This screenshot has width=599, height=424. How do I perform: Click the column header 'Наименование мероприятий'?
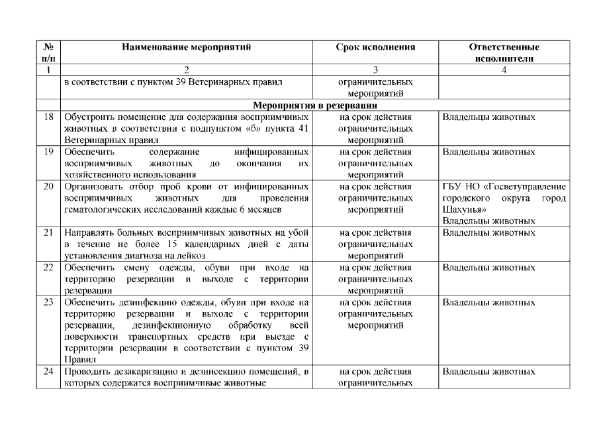point(187,48)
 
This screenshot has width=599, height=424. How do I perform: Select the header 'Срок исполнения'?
point(375,48)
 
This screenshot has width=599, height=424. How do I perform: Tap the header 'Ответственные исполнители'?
point(504,52)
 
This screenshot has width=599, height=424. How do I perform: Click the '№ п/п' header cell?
point(48,52)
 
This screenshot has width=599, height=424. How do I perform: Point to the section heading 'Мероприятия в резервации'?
point(315,105)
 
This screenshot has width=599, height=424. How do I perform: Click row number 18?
point(48,117)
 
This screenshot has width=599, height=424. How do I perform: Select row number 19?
point(48,152)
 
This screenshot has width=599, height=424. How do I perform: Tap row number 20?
point(48,186)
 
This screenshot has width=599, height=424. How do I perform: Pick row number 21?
point(48,233)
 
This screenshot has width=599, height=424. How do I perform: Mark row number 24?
point(48,372)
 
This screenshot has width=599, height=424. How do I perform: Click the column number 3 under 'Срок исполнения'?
point(375,68)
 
